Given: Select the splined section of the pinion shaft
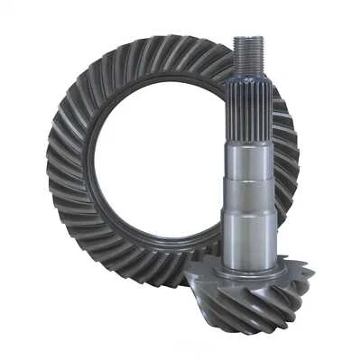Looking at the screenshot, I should [x=249, y=108].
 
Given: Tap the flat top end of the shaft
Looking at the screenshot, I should [x=248, y=38].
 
